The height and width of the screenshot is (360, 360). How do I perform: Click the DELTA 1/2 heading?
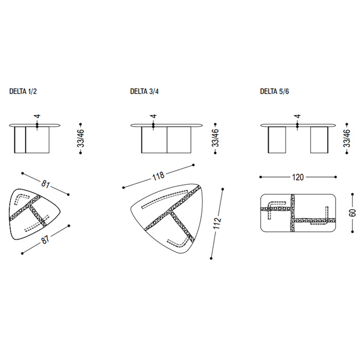[x=23, y=92]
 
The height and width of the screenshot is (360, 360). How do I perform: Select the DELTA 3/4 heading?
[x=144, y=92]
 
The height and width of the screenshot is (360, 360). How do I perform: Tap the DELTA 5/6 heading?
[x=274, y=92]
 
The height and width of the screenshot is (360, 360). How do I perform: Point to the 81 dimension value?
[x=45, y=184]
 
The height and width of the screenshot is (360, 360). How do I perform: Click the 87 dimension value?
[x=45, y=240]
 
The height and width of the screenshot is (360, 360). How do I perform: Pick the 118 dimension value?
[x=158, y=176]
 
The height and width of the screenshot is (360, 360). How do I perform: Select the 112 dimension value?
[x=217, y=223]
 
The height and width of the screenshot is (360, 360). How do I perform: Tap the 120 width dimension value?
[x=298, y=177]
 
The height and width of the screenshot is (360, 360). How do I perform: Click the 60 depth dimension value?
[x=352, y=213]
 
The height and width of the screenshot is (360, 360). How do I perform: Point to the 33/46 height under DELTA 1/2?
[x=81, y=138]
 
